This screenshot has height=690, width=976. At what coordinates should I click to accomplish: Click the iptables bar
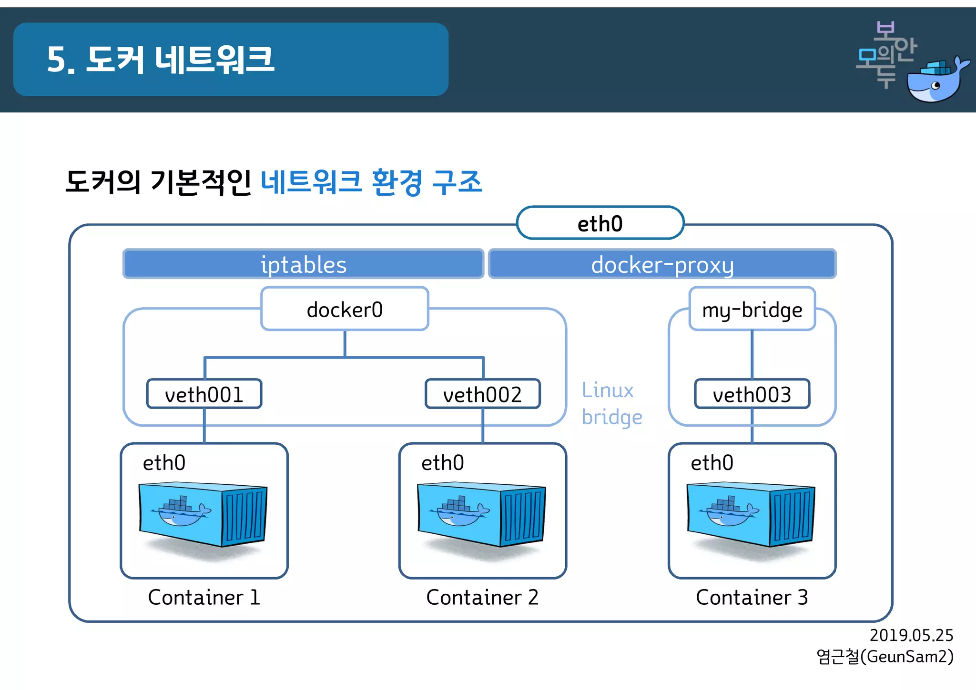point(304,264)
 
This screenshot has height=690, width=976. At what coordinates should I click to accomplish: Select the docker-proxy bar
point(662,264)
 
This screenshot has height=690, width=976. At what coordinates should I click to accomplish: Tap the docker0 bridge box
point(345,309)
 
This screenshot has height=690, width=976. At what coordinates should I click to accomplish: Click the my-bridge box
point(752,309)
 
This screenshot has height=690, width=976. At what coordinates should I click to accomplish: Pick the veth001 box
point(204,394)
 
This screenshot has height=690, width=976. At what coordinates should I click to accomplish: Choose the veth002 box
point(482,394)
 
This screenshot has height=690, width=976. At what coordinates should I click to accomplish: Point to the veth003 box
point(752,394)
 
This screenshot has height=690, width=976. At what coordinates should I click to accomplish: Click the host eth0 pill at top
point(600,223)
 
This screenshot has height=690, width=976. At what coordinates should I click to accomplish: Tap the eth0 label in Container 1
point(164,462)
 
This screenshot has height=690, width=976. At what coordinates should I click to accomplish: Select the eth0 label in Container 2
point(442,462)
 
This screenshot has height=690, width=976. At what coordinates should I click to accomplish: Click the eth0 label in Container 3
point(712,462)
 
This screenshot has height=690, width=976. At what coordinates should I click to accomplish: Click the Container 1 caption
point(204,597)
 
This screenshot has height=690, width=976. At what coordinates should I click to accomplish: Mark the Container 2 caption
point(482,597)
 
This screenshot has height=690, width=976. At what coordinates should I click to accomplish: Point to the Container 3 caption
point(752,597)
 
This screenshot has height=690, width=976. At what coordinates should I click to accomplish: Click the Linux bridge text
point(611,403)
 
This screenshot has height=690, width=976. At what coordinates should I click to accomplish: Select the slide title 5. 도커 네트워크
point(161,60)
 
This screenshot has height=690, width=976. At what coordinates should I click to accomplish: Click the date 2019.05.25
point(911,635)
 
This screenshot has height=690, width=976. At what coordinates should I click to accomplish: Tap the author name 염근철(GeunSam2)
point(884,657)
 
